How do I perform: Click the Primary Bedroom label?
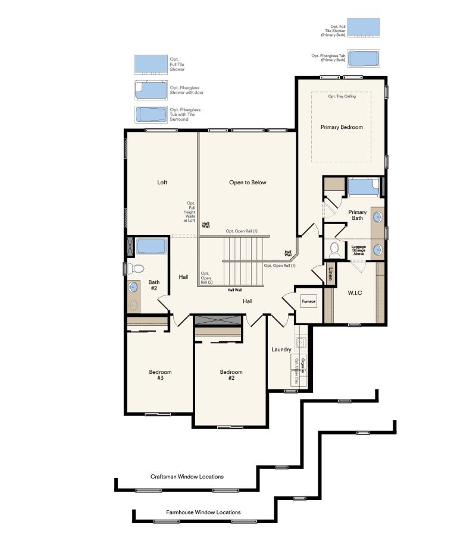point(342,127)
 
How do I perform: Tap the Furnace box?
point(308,301)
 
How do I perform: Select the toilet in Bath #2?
point(135,267)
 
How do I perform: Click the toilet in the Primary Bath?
point(334,249)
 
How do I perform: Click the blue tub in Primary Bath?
point(363,187)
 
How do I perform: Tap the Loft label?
point(162,182)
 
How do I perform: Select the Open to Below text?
point(248,182)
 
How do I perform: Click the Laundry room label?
point(281,350)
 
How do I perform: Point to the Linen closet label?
point(331,273)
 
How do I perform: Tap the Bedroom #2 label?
point(231,375)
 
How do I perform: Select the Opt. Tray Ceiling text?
point(342,96)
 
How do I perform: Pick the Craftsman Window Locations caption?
point(187,477)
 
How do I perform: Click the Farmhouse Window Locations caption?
point(203,512)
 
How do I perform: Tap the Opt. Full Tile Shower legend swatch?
point(151,64)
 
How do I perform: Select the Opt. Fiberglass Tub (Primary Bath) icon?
point(364,58)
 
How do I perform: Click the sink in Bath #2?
point(134,287)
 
